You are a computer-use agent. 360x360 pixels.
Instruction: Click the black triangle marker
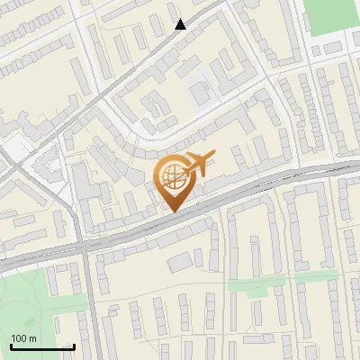click(x=181, y=24)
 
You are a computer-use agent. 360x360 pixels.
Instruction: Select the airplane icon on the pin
click(x=200, y=165)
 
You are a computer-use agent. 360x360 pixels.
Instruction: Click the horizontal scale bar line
click(x=42, y=346)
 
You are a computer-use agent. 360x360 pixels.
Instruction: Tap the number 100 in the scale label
click(x=20, y=338)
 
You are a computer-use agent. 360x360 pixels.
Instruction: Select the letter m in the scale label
click(x=32, y=338)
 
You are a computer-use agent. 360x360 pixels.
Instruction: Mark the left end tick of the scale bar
click(x=11, y=345)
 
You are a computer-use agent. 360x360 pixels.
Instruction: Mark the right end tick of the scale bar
click(x=74, y=345)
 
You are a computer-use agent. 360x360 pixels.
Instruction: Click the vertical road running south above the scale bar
click(x=87, y=297)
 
